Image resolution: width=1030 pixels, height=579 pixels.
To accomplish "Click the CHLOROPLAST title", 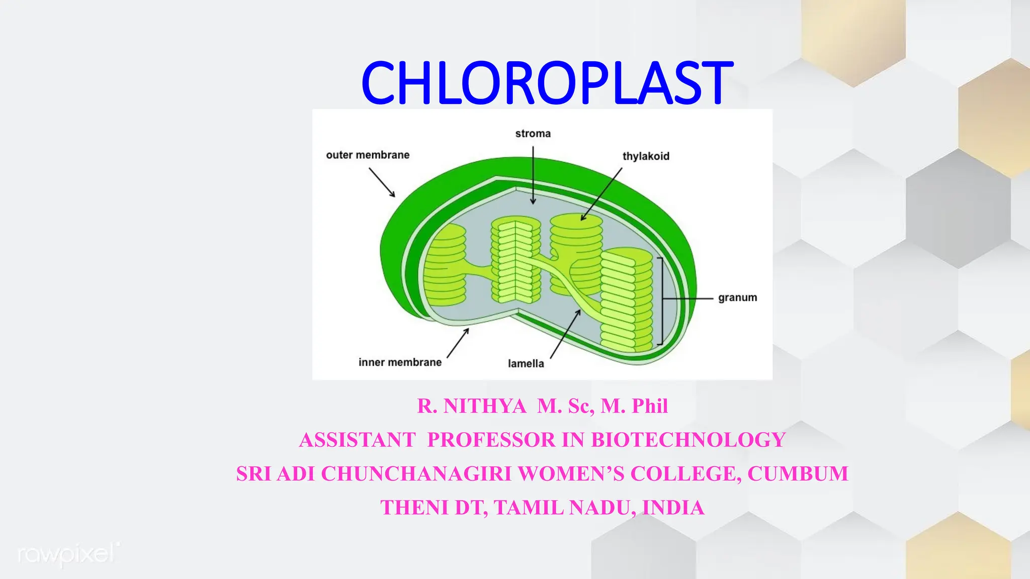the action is (x=547, y=82).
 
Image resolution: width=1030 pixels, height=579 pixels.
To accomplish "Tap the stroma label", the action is (x=533, y=134).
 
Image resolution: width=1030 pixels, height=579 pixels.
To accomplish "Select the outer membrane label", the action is (x=368, y=155).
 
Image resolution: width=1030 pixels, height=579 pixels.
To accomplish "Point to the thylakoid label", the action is (x=646, y=156).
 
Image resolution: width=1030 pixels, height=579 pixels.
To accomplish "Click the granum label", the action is (x=737, y=298).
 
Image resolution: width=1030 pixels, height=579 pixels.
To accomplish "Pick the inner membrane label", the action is (x=400, y=362).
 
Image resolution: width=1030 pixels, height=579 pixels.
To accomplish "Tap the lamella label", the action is (x=526, y=363).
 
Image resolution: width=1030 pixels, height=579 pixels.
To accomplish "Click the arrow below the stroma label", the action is (x=533, y=175).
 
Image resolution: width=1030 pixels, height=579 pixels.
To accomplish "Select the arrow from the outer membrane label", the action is (x=382, y=182).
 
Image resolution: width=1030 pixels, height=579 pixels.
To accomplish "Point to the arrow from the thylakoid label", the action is (x=602, y=194).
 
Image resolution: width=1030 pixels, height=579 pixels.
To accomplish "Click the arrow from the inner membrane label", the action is (x=458, y=343).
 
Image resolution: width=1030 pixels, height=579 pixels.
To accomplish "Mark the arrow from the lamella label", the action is (x=566, y=334).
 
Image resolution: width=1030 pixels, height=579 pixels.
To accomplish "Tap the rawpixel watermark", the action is (x=69, y=554).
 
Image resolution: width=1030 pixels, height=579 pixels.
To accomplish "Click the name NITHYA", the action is (x=484, y=406).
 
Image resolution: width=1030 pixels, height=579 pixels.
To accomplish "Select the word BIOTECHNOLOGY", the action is (x=688, y=440).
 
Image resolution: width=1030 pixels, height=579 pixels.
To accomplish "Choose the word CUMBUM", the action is (x=798, y=474).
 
